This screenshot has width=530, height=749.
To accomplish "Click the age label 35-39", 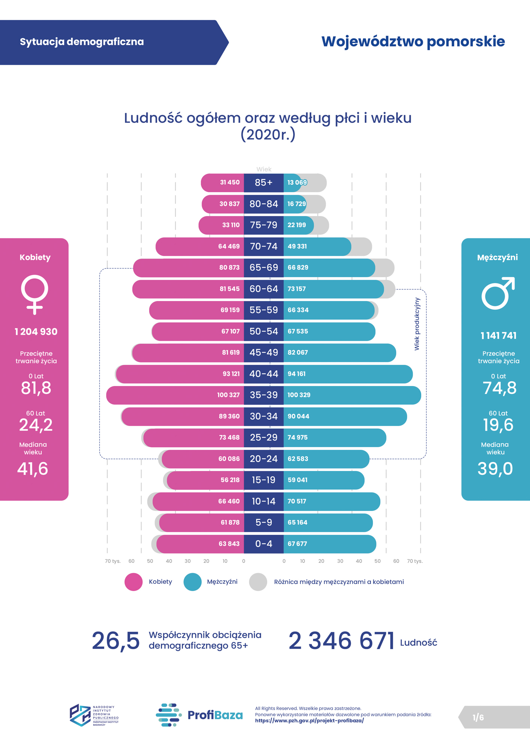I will pyautogui.click(x=264, y=395).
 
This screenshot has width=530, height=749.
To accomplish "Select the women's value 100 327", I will pyautogui.click(x=228, y=395).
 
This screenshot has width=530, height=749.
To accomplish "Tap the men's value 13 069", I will pyautogui.click(x=297, y=183).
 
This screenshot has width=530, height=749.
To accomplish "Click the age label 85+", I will pyautogui.click(x=264, y=183).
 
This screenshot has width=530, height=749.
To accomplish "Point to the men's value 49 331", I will pyautogui.click(x=297, y=246).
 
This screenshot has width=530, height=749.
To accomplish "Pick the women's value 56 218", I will pyautogui.click(x=230, y=480).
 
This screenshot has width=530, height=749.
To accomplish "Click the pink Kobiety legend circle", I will pyautogui.click(x=133, y=582).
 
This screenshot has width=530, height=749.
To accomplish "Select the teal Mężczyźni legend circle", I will pyautogui.click(x=192, y=582).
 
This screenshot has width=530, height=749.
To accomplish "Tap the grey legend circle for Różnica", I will pyautogui.click(x=258, y=582).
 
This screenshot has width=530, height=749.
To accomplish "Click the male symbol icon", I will pyautogui.click(x=498, y=294).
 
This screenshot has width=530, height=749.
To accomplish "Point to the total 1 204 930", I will pyautogui.click(x=36, y=332).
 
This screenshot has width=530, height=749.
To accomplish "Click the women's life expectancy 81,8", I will pyautogui.click(x=36, y=388).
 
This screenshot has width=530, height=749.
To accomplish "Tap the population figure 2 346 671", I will pyautogui.click(x=341, y=641).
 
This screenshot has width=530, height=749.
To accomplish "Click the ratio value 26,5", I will pyautogui.click(x=115, y=641).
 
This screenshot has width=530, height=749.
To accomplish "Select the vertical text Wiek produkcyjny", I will pyautogui.click(x=417, y=324).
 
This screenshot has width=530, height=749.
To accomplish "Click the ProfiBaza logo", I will pyautogui.click(x=199, y=715).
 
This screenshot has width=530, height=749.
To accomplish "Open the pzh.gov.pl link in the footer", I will pyautogui.click(x=309, y=721).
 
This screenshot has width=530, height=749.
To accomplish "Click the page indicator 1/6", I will pyautogui.click(x=478, y=718).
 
